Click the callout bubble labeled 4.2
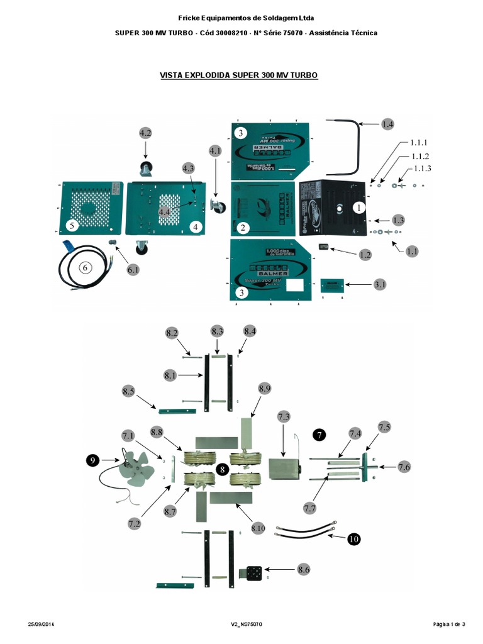pyautogui.click(x=145, y=133)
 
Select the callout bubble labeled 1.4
pyautogui.click(x=388, y=125)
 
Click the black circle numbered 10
pyautogui.click(x=354, y=539)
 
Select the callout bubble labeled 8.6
pyautogui.click(x=304, y=569)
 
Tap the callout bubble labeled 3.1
pyautogui.click(x=380, y=285)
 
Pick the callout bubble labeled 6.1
pyautogui.click(x=133, y=270)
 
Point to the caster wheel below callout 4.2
pyautogui.click(x=146, y=168)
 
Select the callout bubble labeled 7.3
pyautogui.click(x=284, y=417)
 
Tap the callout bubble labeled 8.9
pyautogui.click(x=264, y=389)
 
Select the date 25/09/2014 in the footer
pyautogui.click(x=43, y=624)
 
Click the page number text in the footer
pyautogui.click(x=449, y=624)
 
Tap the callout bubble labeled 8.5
pyautogui.click(x=129, y=391)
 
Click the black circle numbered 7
pyautogui.click(x=320, y=435)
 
